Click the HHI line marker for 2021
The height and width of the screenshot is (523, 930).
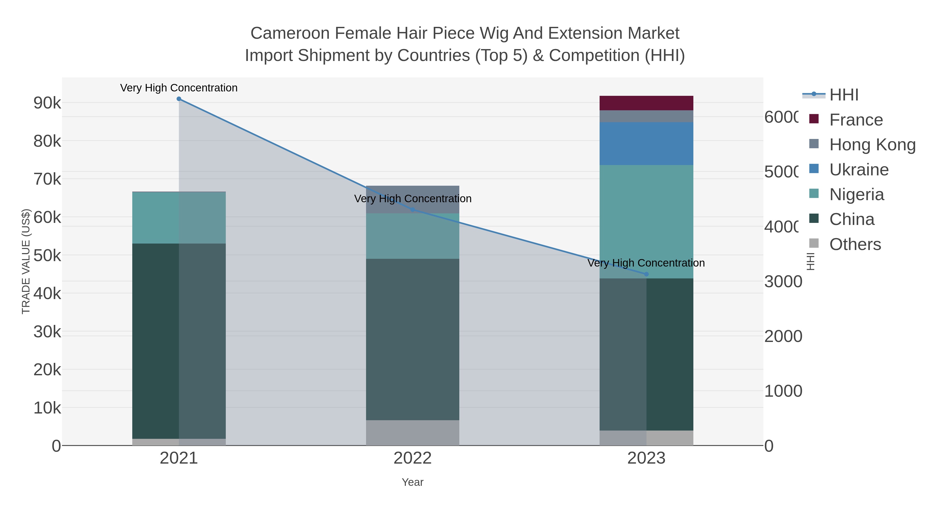179,99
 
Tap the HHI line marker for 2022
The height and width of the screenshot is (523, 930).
413,210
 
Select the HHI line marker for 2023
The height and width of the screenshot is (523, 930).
646,274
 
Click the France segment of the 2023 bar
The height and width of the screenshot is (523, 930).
646,103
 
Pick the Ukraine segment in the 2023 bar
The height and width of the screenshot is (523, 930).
646,144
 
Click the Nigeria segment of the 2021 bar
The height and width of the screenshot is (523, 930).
179,218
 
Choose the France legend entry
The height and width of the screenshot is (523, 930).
856,120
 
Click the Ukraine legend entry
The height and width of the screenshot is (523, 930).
858,170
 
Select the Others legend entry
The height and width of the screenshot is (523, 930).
855,244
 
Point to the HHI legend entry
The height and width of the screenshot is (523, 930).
843,95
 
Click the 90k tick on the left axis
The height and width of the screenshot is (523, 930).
47,103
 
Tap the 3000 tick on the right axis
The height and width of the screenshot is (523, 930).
783,282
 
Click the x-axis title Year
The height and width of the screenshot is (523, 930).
413,482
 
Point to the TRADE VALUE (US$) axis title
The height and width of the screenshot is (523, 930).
26,261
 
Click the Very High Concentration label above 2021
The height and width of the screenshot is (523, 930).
179,88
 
